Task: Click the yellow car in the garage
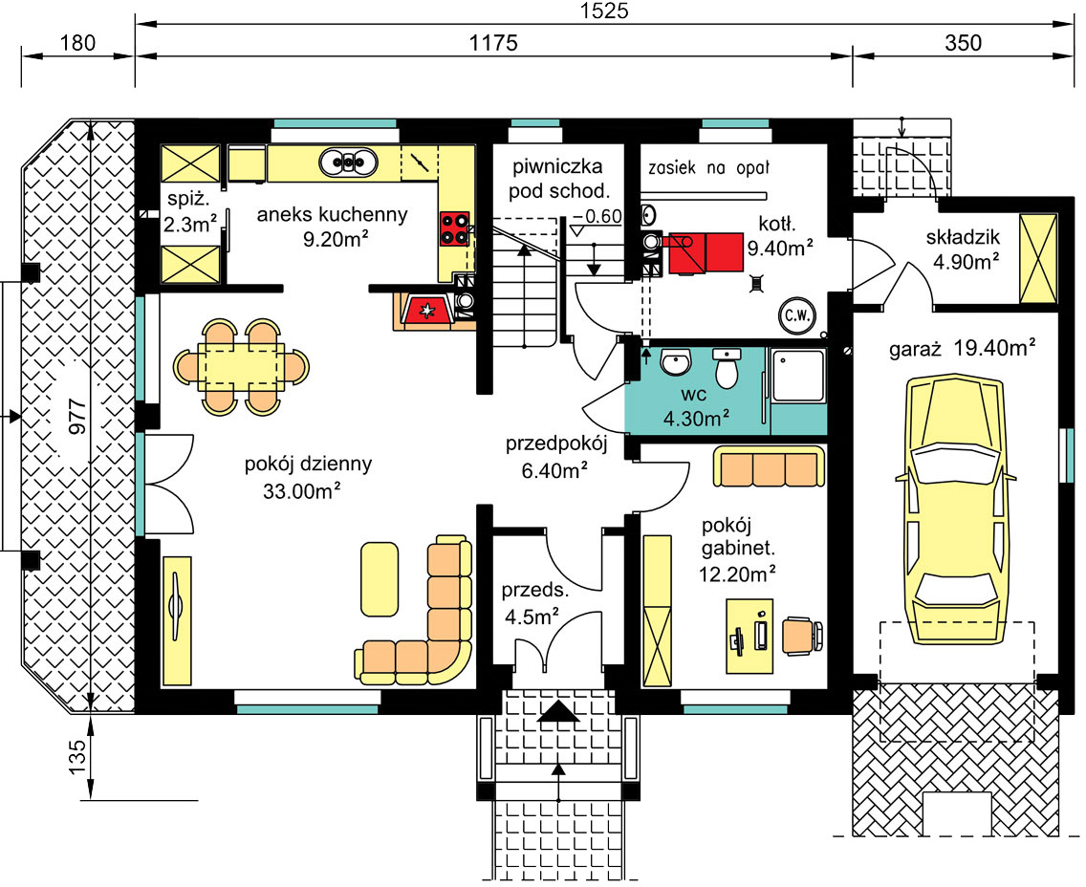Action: [x=956, y=512]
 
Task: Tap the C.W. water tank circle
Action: [x=797, y=315]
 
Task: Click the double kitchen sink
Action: [x=348, y=162]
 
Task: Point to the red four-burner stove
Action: [x=454, y=228]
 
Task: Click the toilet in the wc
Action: [x=727, y=368]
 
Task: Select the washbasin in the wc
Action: [x=676, y=361]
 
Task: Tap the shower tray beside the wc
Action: [x=798, y=376]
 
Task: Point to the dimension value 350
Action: [x=963, y=43]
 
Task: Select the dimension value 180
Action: [x=77, y=43]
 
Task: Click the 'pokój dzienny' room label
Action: [x=308, y=464]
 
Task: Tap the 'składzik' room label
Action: [x=963, y=237]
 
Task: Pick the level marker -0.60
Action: [x=597, y=216]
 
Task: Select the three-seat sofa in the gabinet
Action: [x=769, y=467]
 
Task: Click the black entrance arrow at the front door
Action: [x=558, y=711]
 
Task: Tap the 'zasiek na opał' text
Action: [x=708, y=168]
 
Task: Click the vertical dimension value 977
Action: [x=77, y=416]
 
